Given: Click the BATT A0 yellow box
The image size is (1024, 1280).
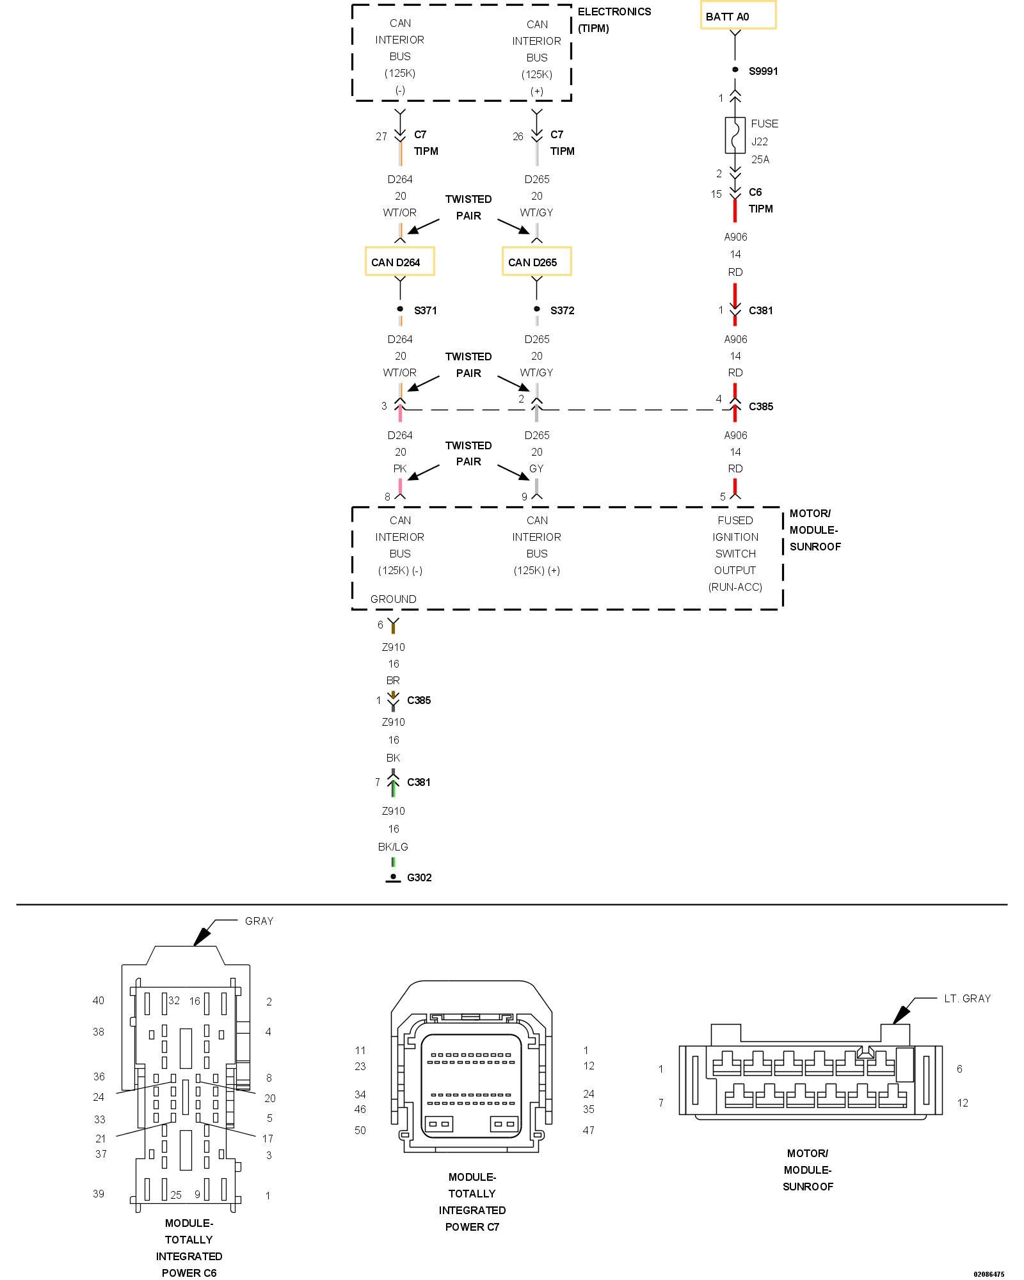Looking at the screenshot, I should pos(737,16).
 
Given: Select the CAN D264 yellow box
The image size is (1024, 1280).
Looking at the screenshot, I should pos(399,262).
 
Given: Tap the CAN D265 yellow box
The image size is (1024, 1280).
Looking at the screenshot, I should pos(536,262).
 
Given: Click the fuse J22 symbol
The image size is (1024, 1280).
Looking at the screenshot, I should pos(735,135).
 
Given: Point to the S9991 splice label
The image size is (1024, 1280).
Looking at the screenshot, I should pos(763,71).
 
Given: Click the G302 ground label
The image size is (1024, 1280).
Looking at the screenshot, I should pos(419,877).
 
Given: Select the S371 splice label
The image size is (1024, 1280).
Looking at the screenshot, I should pos(425,310).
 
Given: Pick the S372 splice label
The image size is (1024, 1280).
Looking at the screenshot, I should pos(562,310).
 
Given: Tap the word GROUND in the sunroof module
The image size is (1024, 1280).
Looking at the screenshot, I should pos(393,599).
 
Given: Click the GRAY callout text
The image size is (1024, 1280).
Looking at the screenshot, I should pos(259,921).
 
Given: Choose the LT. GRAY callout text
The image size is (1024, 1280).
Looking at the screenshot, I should pos(967,998).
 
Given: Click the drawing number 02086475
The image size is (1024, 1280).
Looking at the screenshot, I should pos(989,1274).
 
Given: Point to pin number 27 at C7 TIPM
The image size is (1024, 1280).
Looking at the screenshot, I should pos(381,136).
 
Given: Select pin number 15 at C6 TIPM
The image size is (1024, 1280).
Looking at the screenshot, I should pos(716,194).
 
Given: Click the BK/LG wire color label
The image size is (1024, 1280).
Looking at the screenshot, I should pos(393,847).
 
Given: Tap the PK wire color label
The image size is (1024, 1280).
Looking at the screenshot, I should pos(400,468).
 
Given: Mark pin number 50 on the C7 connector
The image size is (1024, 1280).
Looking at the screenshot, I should pos(360,1130).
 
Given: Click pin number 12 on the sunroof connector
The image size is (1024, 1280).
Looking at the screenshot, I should pos(963,1103).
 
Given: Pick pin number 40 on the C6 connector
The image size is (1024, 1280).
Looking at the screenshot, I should pos(99,1000).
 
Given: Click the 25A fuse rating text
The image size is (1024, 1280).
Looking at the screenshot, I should pos(760,159).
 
